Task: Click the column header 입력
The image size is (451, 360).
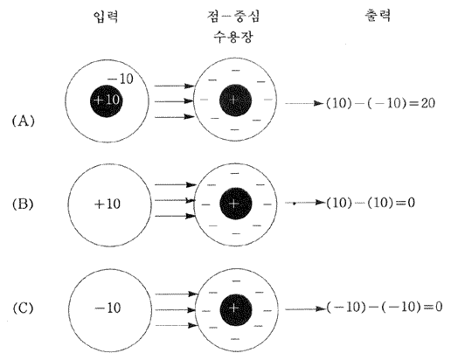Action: tap(106, 17)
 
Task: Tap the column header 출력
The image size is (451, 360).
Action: tap(378, 16)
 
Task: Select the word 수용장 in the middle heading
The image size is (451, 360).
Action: tap(233, 37)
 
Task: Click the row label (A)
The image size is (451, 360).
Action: tap(24, 121)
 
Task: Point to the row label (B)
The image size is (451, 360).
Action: tap(23, 204)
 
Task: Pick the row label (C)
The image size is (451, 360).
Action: tap(23, 308)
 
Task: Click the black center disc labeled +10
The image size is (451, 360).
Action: tap(107, 100)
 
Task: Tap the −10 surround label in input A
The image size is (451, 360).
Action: tap(121, 79)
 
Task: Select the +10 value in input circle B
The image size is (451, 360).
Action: tap(108, 204)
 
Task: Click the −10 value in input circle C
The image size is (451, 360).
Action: tap(108, 308)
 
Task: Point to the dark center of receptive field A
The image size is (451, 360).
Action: tap(235, 100)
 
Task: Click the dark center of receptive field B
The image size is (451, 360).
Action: tap(235, 204)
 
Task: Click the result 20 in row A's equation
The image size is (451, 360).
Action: tap(427, 103)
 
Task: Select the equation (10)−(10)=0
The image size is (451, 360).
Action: tap(371, 203)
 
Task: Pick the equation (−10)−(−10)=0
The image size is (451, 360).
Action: tap(385, 307)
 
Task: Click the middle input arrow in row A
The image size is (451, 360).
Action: tap(174, 101)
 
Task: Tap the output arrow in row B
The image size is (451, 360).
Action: tap(305, 203)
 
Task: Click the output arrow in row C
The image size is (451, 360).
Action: tap(305, 309)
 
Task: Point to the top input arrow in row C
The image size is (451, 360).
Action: tap(177, 294)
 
